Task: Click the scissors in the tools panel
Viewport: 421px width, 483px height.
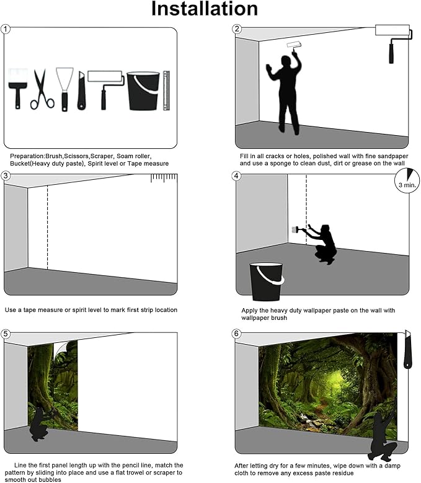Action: tap(42, 90)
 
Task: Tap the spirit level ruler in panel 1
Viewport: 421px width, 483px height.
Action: tap(166, 91)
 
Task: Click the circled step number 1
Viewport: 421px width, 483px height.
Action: tap(6, 29)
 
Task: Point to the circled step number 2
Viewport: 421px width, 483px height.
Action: tap(237, 29)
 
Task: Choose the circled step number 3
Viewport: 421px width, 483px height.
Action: tap(6, 175)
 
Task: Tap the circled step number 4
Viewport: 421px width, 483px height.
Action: tap(237, 175)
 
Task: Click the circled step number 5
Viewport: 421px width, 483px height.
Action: tap(6, 334)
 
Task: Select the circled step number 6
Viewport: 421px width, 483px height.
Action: tap(237, 334)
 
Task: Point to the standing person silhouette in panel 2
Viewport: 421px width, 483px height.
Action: tap(286, 93)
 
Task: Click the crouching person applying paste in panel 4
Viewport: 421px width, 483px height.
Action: tap(323, 244)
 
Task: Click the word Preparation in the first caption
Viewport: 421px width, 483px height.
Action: tap(28, 156)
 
